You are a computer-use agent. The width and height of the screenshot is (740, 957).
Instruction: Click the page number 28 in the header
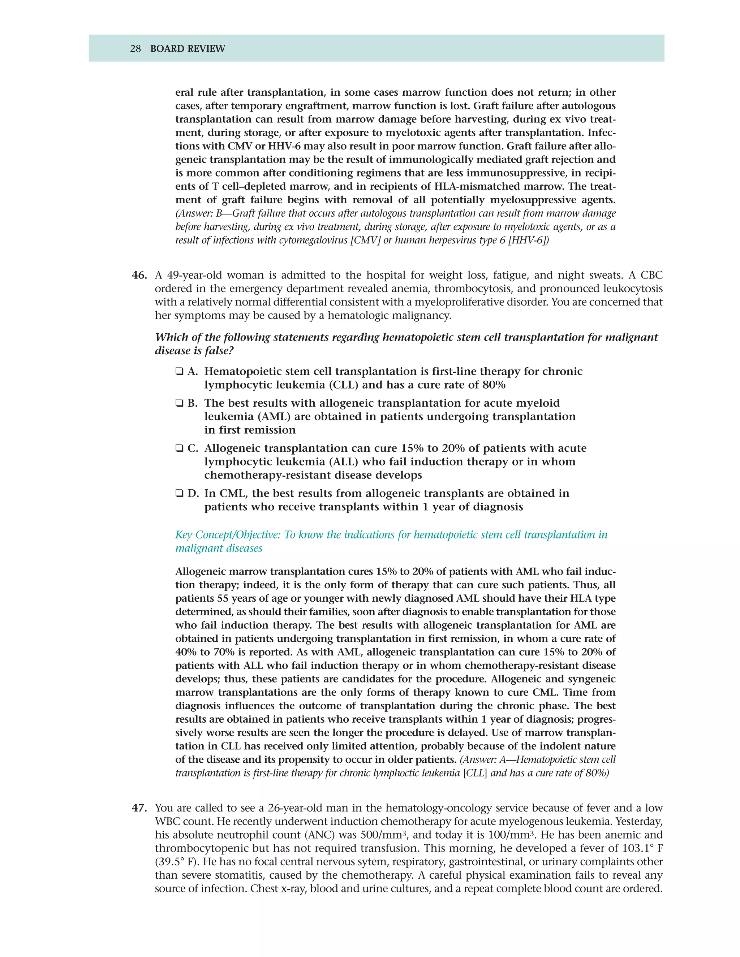tap(135, 49)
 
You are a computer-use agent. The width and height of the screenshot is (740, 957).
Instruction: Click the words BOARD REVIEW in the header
tap(187, 49)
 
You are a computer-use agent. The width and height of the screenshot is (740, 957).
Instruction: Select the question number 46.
tap(139, 275)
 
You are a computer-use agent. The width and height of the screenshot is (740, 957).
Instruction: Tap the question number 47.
tap(139, 807)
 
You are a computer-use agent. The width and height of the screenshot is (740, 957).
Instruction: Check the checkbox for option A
tap(179, 372)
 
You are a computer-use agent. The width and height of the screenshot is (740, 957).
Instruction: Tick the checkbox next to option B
tap(179, 403)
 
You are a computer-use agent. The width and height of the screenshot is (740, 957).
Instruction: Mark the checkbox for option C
tap(179, 448)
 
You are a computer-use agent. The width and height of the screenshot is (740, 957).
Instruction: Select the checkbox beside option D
tap(179, 493)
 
